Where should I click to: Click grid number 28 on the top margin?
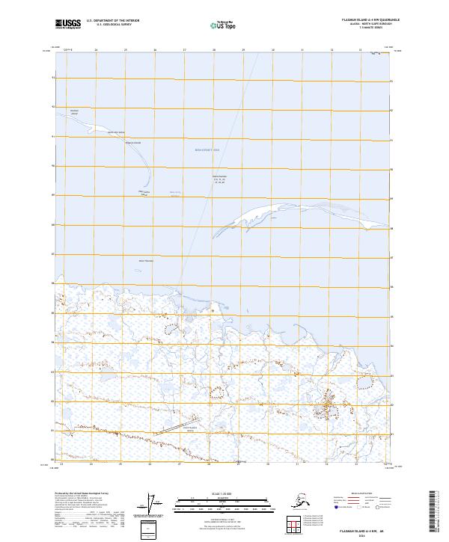click(x=214, y=50)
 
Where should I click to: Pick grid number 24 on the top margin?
click(x=97, y=50)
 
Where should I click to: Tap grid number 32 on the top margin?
click(x=332, y=50)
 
